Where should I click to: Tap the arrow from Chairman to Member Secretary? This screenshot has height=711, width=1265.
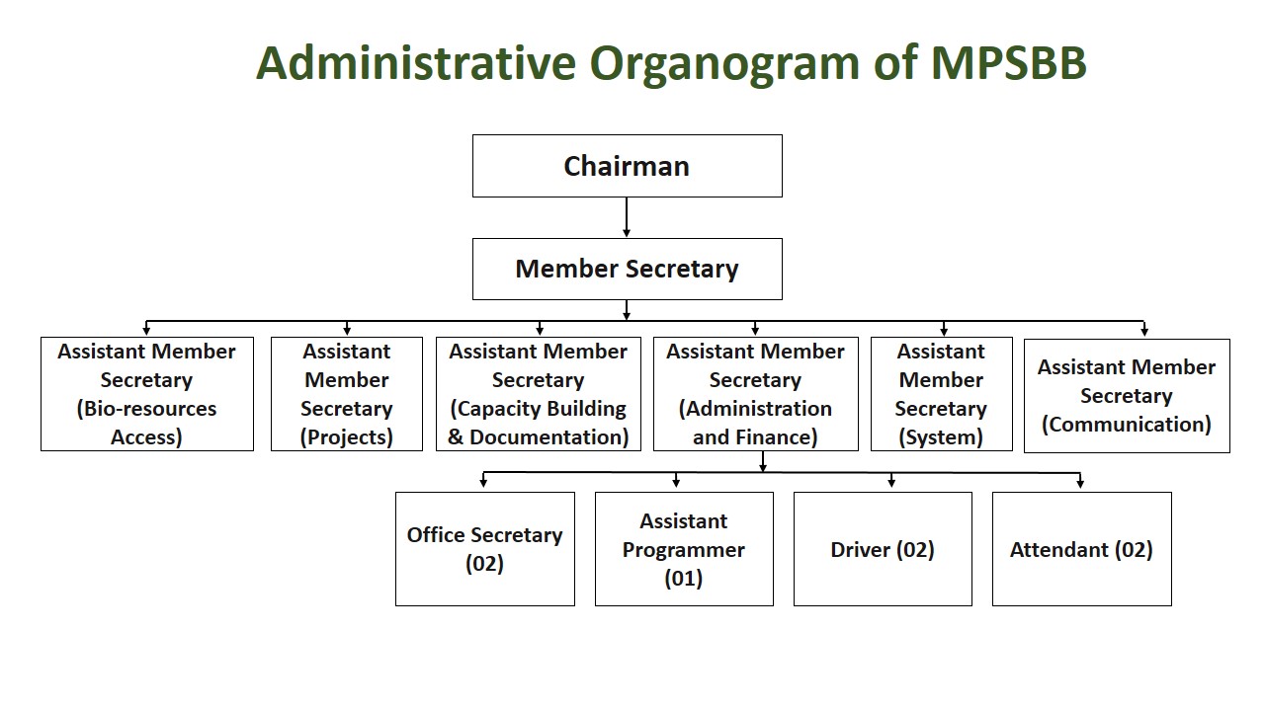pyautogui.click(x=627, y=217)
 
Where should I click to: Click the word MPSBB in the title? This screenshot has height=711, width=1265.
pyautogui.click(x=1009, y=62)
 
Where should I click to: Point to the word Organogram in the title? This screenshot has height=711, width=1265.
pyautogui.click(x=724, y=65)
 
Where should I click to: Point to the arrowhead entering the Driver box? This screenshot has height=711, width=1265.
pyautogui.click(x=891, y=484)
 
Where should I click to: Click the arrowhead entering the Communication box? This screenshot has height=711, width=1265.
pyautogui.click(x=1144, y=332)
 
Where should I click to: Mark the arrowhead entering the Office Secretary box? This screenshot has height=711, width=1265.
pyautogui.click(x=483, y=484)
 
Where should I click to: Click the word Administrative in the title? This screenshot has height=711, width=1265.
pyautogui.click(x=416, y=62)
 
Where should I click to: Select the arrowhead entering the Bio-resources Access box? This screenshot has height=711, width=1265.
pyautogui.click(x=146, y=331)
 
